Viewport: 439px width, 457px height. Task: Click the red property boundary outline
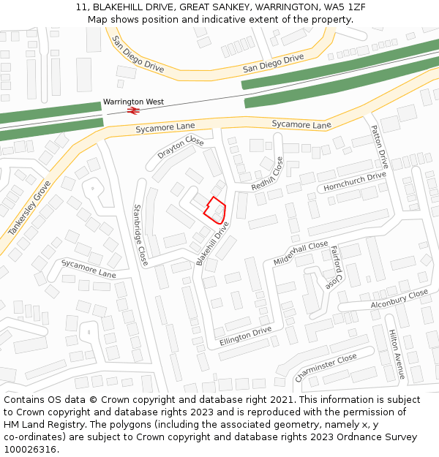(x=214, y=210)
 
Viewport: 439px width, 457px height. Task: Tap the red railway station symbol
(x=133, y=110)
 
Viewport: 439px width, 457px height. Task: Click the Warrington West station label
(x=133, y=102)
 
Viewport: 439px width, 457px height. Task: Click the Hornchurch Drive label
(x=355, y=181)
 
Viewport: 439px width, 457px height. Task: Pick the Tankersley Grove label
(x=29, y=208)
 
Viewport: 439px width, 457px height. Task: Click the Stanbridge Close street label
(x=140, y=233)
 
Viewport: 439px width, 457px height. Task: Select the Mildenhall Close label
(x=301, y=253)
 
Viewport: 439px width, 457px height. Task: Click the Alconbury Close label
(x=399, y=299)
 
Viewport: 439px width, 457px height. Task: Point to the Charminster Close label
(x=326, y=367)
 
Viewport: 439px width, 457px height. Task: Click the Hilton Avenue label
(x=397, y=354)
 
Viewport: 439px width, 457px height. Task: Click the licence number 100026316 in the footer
(x=31, y=449)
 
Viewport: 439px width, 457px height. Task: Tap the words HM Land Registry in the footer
(x=37, y=424)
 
